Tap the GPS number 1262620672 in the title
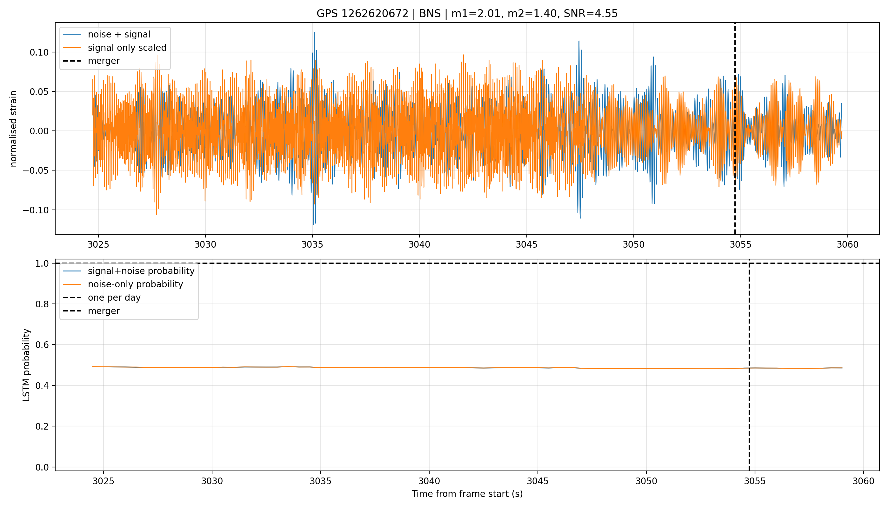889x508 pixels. pos(375,14)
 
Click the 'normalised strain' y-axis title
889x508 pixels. pos(13,129)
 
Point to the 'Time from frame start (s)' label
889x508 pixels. pos(467,494)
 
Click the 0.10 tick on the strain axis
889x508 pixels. pos(39,52)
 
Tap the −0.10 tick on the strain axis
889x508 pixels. pos(36,210)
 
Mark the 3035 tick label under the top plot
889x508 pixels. pos(312,244)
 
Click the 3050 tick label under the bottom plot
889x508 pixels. pos(646,481)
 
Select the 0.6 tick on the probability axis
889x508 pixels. pos(42,345)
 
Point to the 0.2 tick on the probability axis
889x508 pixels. pos(42,426)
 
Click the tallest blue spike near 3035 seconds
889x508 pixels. pos(314,32)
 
